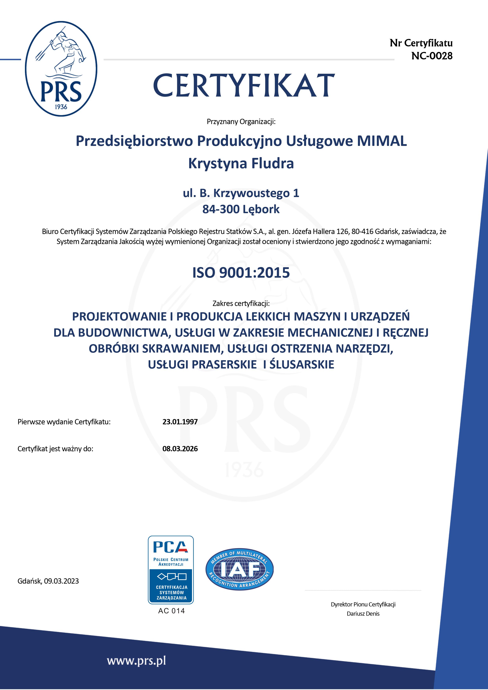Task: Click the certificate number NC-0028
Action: [432, 56]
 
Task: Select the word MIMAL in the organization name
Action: [382, 141]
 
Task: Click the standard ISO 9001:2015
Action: [241, 273]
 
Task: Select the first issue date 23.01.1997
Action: [180, 422]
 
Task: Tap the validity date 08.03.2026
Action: [180, 449]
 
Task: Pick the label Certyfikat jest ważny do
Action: [55, 449]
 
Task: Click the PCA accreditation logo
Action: [171, 569]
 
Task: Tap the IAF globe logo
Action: [239, 569]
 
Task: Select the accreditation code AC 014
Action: [171, 611]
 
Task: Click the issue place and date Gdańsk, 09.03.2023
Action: [48, 581]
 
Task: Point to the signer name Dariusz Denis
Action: [363, 614]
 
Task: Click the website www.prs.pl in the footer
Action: [136, 661]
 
